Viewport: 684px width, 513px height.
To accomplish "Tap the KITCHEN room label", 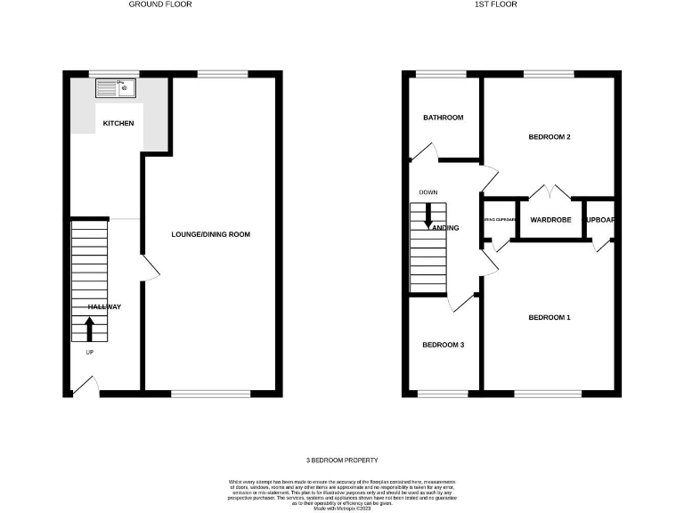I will coord(118,123).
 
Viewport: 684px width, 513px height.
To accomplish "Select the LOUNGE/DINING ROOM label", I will coord(211,234).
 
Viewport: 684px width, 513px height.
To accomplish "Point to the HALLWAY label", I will coord(104,307).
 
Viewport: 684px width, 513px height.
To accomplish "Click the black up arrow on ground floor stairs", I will coord(88,329).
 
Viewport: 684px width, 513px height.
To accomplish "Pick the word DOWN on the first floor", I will coord(428,192).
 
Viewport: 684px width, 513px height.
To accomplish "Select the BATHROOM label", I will coord(443,118).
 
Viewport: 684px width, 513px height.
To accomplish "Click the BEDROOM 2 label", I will coord(550,137).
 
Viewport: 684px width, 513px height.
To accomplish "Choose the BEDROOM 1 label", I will coord(550,318).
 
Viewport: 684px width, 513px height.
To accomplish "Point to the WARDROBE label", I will coord(550,219).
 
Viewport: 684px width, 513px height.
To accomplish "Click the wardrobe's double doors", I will coord(550,191).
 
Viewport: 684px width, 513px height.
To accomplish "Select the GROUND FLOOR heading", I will coord(160,4).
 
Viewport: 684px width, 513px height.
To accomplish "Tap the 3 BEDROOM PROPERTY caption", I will coord(341,460).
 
